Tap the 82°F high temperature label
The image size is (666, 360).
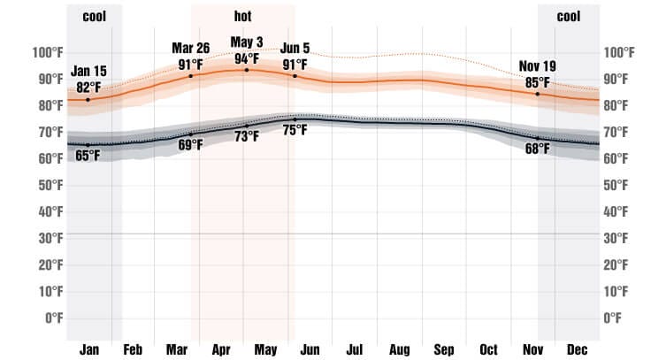tap(88, 87)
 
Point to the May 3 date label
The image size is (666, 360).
tap(247, 42)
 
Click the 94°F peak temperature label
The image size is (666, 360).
tap(247, 58)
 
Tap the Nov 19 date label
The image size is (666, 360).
tap(537, 66)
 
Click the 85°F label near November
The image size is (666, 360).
tap(537, 82)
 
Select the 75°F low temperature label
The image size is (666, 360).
tap(295, 131)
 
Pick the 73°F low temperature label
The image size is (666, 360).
tap(247, 136)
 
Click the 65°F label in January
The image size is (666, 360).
tap(88, 157)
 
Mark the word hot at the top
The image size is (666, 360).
tap(242, 16)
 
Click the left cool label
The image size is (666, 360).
tap(94, 16)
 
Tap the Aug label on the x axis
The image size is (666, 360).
tap(399, 349)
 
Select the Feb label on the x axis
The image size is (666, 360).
tap(133, 349)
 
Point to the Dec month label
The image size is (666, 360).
tap(577, 349)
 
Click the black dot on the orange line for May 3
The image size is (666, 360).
tap(247, 69)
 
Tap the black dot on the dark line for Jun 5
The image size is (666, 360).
tap(295, 119)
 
